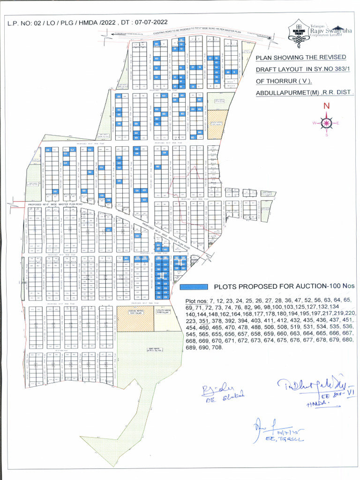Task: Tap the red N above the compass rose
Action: pos(326,106)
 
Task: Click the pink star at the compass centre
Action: pos(326,123)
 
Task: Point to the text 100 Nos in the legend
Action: pos(342,286)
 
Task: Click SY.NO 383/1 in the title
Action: pos(324,69)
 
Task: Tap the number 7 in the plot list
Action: pos(211,300)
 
